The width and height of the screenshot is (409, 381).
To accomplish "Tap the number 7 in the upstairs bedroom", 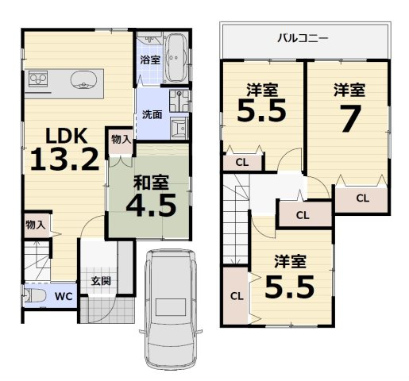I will click(x=350, y=121).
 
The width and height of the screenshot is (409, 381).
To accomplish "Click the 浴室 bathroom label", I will click(x=149, y=60).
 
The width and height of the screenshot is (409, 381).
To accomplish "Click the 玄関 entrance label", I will click(x=100, y=280).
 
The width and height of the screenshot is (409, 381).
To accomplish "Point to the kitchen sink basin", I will click(x=83, y=79).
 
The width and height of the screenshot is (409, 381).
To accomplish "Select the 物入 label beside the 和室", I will click(x=122, y=140).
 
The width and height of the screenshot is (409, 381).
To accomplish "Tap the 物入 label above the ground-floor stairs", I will click(x=35, y=225).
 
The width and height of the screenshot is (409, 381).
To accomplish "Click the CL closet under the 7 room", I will click(x=361, y=198).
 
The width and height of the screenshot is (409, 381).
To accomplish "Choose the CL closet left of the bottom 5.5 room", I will click(x=236, y=296).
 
